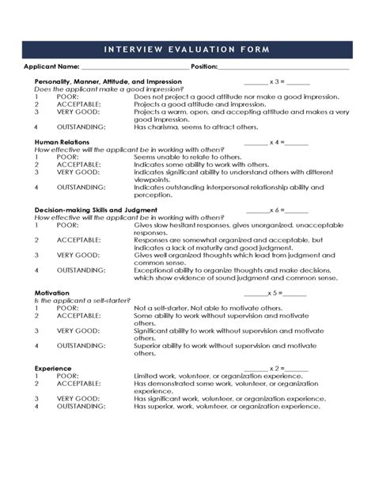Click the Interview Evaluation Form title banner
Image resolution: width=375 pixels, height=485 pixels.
(187, 49)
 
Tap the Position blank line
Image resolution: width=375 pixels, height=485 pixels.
(284, 67)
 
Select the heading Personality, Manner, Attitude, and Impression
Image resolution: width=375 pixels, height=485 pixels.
(108, 81)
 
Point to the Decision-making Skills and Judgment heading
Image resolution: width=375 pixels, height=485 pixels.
(96, 210)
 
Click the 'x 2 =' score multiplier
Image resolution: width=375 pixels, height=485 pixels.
(276, 368)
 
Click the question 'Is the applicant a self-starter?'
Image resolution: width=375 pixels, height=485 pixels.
(78, 301)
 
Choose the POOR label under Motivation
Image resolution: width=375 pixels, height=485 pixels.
(67, 308)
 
